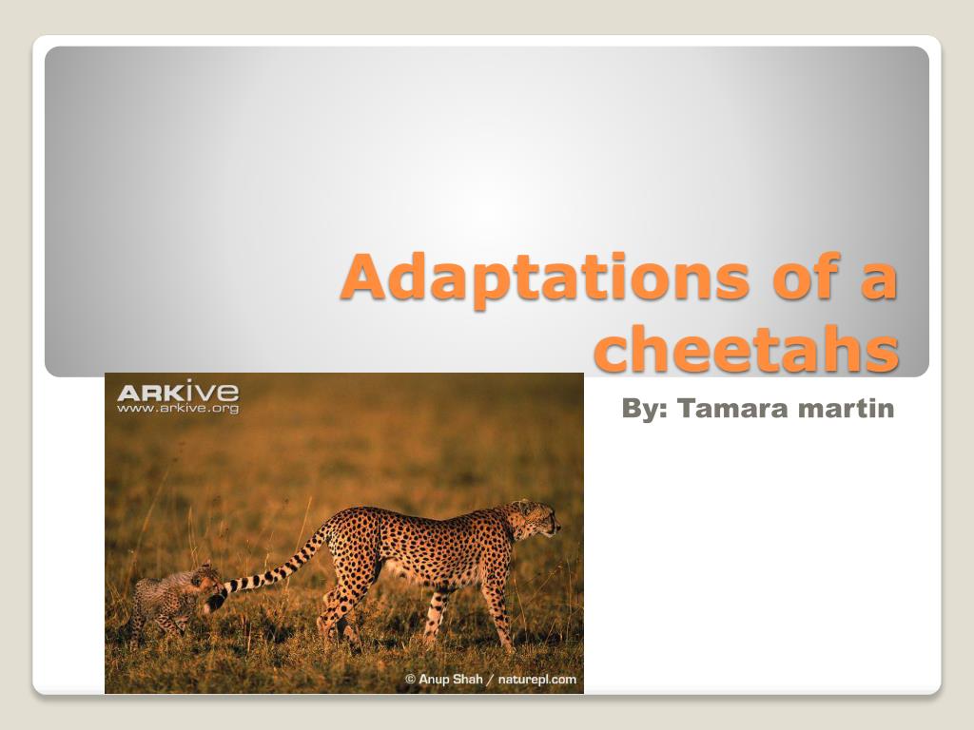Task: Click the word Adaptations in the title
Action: click(x=546, y=278)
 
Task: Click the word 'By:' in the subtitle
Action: click(x=645, y=410)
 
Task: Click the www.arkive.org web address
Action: click(x=178, y=409)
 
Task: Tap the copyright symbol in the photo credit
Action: click(x=411, y=679)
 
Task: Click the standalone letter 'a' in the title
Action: click(x=876, y=280)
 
